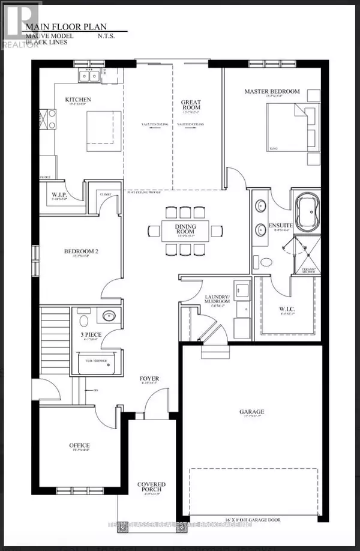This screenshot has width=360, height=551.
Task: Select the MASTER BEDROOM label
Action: pyautogui.click(x=271, y=91)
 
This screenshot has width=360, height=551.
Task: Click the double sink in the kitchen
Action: pyautogui.click(x=91, y=75)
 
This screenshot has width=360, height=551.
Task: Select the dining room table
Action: pyautogui.click(x=185, y=229)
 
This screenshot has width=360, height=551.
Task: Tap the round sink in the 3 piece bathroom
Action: pyautogui.click(x=109, y=316)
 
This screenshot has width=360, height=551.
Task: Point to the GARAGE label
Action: pyautogui.click(x=250, y=412)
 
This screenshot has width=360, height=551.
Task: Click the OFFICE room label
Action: pyautogui.click(x=79, y=445)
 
